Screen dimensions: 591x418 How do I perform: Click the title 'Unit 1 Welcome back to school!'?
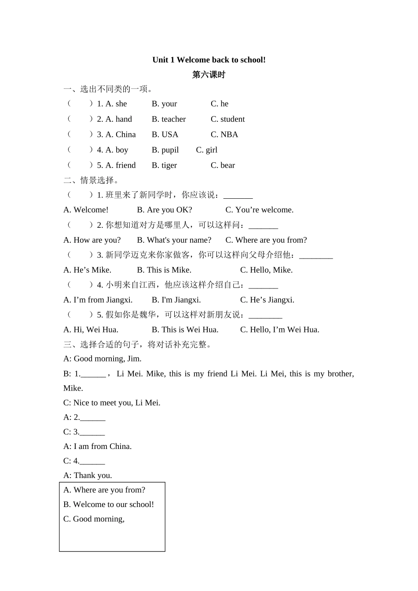(x=209, y=60)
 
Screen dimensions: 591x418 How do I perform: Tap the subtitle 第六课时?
(x=209, y=75)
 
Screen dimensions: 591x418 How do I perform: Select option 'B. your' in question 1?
(x=164, y=104)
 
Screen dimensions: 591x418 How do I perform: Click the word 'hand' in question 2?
(x=124, y=119)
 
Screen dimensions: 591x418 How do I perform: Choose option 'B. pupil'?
(x=165, y=150)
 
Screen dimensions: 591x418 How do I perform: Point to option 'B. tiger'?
(x=164, y=165)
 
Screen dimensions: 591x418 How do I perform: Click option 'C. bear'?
(x=223, y=165)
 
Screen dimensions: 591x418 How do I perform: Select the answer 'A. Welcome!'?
(x=86, y=210)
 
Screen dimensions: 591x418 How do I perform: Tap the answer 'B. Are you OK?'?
(x=164, y=210)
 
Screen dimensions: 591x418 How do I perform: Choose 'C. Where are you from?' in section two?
(x=266, y=240)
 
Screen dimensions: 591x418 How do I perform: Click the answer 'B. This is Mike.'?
(x=164, y=270)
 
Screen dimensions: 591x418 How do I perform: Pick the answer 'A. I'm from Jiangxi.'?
(x=98, y=300)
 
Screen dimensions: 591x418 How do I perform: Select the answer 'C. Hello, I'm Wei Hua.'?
(x=279, y=330)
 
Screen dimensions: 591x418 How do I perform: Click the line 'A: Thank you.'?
(x=88, y=475)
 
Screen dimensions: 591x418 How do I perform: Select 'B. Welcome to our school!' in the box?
(x=108, y=504)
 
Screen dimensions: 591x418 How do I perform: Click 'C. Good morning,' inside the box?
(x=94, y=519)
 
